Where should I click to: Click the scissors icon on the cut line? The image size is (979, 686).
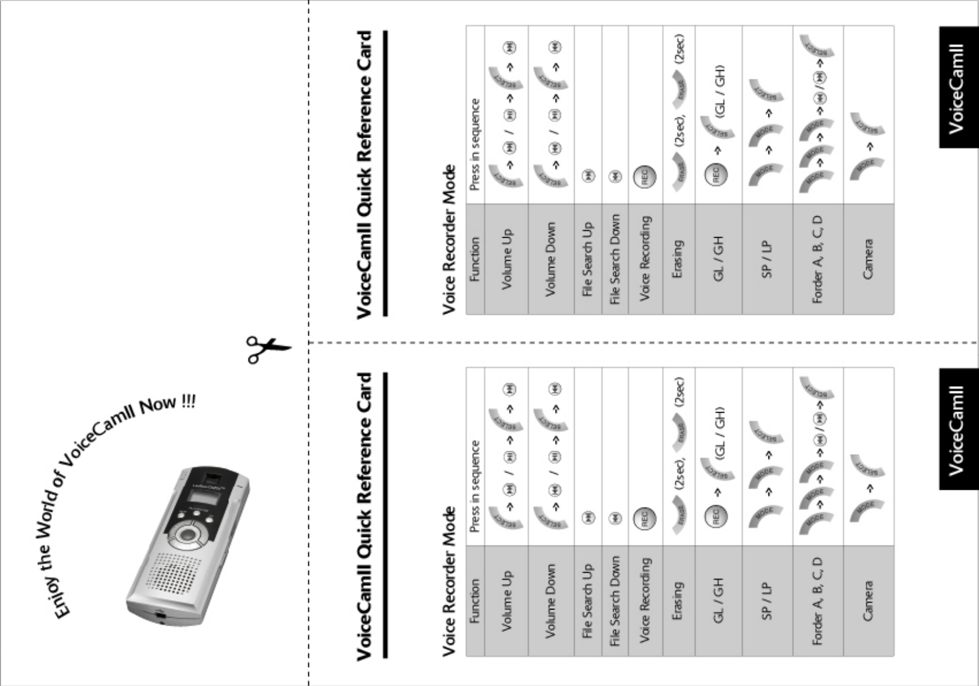pyautogui.click(x=268, y=349)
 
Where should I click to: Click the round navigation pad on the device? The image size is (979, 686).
pyautogui.click(x=189, y=535)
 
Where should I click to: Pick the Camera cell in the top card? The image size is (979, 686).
pyautogui.click(x=868, y=259)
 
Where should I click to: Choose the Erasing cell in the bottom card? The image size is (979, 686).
pyautogui.click(x=678, y=601)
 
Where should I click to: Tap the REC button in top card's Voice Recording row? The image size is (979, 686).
pyautogui.click(x=645, y=176)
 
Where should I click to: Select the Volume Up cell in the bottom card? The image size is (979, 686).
pyautogui.click(x=506, y=601)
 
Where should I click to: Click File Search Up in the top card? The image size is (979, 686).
pyautogui.click(x=588, y=259)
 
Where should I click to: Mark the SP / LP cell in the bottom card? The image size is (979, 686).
pyautogui.click(x=767, y=601)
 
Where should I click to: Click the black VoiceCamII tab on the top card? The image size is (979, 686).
pyautogui.click(x=958, y=88)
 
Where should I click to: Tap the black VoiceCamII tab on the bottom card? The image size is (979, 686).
pyautogui.click(x=958, y=429)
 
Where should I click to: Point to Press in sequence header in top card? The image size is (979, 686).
pyautogui.click(x=475, y=144)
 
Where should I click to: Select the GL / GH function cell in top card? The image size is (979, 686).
pyautogui.click(x=718, y=259)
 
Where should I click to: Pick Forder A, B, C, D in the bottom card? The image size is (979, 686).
pyautogui.click(x=818, y=601)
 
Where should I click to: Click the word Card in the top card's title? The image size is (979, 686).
pyautogui.click(x=365, y=59)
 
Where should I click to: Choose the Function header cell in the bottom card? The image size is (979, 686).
pyautogui.click(x=475, y=601)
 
